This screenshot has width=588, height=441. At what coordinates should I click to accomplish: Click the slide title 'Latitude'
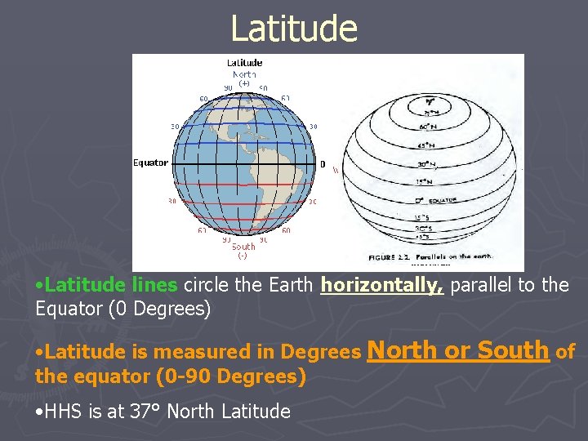[x=294, y=29]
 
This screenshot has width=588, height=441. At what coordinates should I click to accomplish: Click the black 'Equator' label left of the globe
[x=151, y=163]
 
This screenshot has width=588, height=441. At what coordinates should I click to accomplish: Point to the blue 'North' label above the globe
[x=244, y=73]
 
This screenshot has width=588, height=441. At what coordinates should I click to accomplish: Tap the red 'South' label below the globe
[x=243, y=246]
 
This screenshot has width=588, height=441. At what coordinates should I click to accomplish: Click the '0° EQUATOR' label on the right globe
[x=434, y=200]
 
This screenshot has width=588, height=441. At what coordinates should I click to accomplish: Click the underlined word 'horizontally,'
[x=382, y=286]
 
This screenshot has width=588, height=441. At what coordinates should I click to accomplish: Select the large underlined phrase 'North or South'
[x=458, y=350]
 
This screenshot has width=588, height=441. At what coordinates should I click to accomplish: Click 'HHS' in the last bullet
[x=60, y=412]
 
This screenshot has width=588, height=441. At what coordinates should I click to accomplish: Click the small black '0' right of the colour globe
[x=323, y=164]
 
